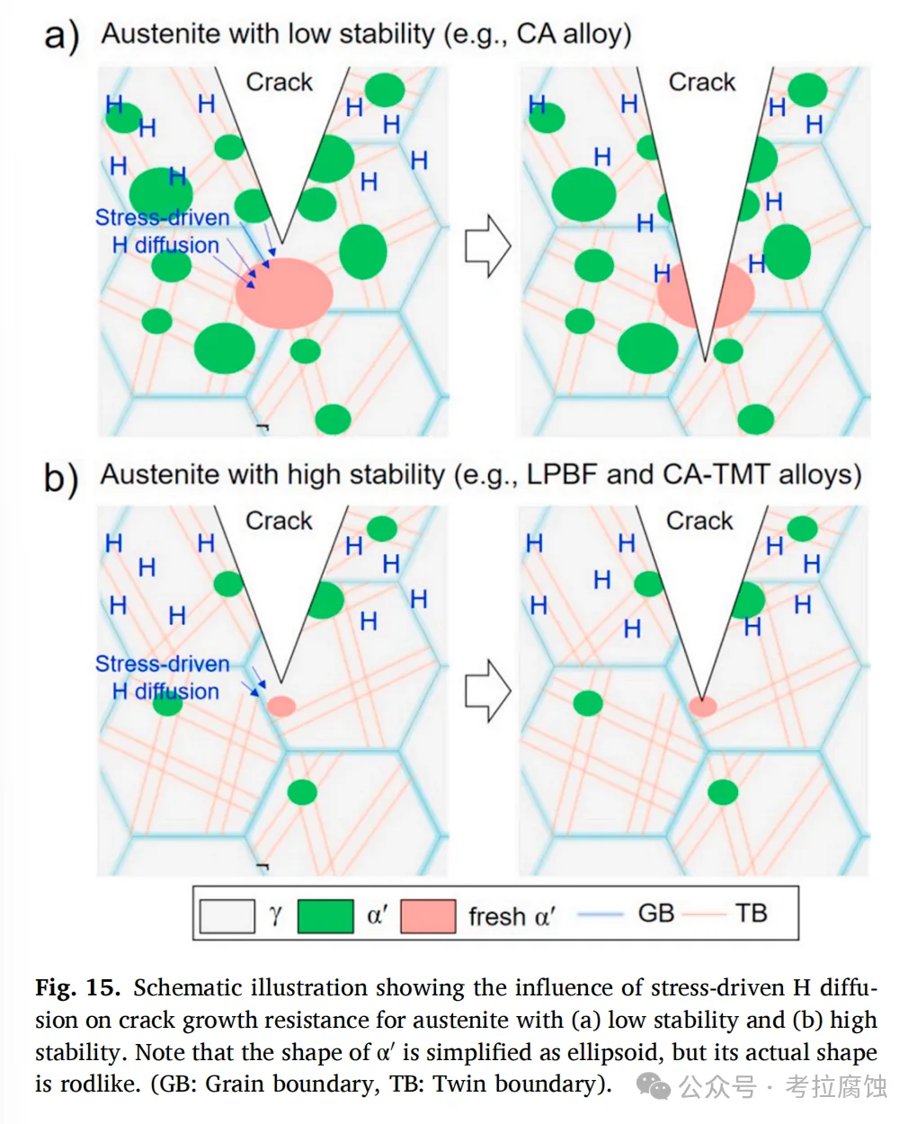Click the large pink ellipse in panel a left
click(x=284, y=292)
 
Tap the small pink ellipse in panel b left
click(x=281, y=706)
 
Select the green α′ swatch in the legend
click(x=325, y=916)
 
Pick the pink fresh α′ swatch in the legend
click(x=427, y=916)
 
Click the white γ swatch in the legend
click(x=227, y=916)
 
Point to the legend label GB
click(x=655, y=914)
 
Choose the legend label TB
click(x=751, y=914)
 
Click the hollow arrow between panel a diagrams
click(x=487, y=245)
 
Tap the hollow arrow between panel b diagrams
click(x=487, y=691)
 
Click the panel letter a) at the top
click(x=61, y=36)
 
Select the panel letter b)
click(x=61, y=477)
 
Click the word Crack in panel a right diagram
click(x=701, y=83)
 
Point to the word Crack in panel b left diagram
click(x=279, y=522)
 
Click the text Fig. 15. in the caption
click(x=77, y=988)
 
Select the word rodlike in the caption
click(x=102, y=1084)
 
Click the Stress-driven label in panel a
click(x=163, y=218)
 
